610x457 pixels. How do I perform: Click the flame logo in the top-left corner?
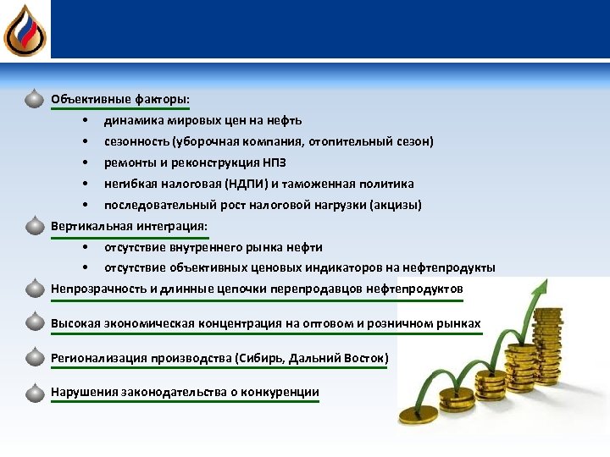(24, 30)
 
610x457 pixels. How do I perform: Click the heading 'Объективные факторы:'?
(119, 99)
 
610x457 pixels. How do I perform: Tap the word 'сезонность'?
(136, 141)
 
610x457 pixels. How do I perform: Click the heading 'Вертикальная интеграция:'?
(129, 227)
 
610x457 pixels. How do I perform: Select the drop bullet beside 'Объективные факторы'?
(34, 99)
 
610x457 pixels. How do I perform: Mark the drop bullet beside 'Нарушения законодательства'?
(34, 393)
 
